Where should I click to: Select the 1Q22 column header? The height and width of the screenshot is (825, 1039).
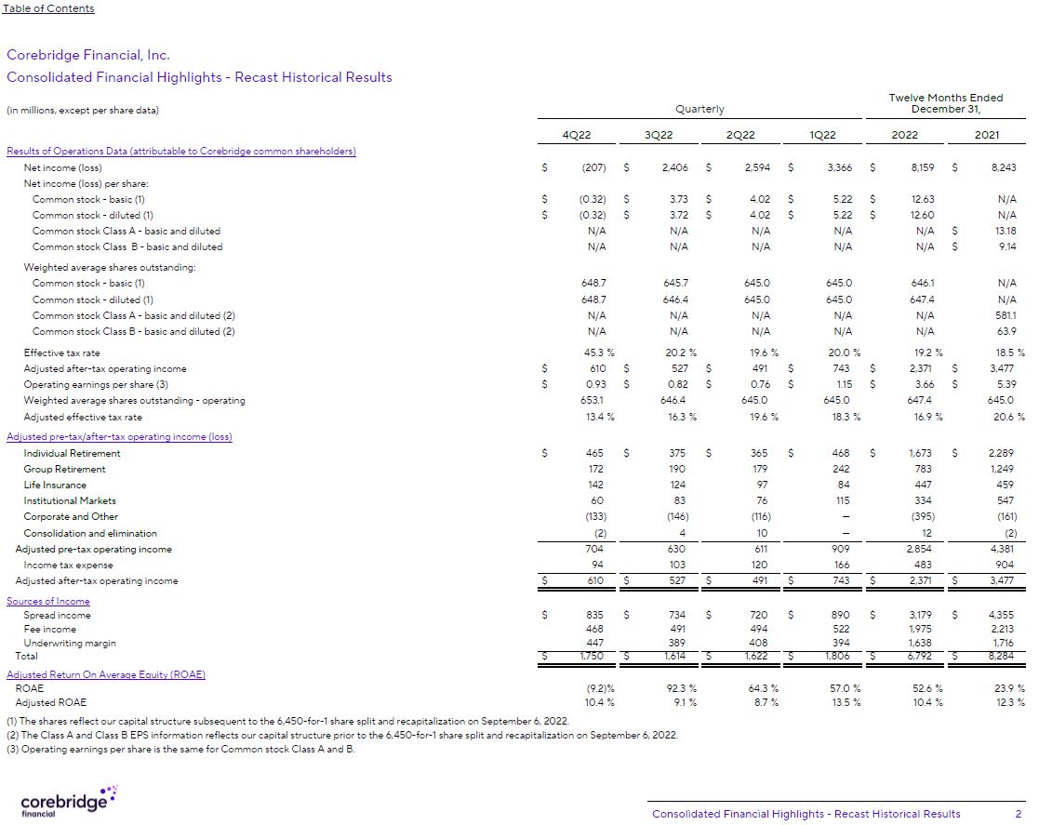822,135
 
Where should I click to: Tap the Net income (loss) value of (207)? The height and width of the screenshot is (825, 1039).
593,168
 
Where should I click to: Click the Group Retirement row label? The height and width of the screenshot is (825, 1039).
64,470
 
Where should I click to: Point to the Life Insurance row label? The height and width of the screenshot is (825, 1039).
55,485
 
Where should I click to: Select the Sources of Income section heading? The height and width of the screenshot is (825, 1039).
48,601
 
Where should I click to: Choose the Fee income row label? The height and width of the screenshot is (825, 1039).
49,630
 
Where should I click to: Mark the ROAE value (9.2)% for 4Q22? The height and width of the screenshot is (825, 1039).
596,688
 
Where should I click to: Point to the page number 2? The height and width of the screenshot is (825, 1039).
1018,814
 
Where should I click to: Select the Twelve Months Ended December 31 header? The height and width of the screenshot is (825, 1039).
946,103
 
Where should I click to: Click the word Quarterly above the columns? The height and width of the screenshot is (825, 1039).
699,110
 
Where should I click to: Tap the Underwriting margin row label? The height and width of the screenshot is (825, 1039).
70,644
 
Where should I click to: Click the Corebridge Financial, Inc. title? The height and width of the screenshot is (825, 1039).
88,55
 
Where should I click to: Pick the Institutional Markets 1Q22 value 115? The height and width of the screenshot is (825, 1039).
841,501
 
